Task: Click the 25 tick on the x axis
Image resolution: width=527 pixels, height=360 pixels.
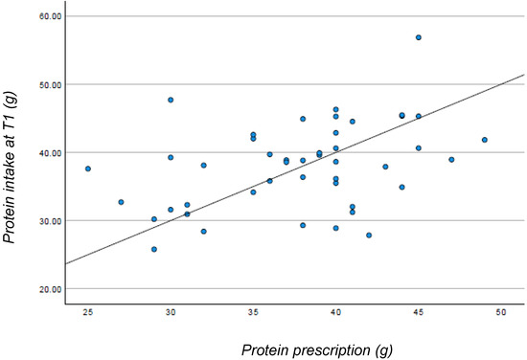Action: click(88, 313)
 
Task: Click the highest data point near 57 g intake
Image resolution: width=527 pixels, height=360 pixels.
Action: click(419, 37)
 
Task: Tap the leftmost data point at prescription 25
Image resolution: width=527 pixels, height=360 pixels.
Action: click(88, 169)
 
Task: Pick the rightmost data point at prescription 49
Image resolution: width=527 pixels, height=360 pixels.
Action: click(485, 140)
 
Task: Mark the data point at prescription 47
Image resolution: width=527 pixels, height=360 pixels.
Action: click(451, 160)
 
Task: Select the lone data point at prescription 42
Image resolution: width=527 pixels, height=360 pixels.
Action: click(369, 235)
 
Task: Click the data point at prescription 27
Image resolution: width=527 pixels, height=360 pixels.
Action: click(121, 202)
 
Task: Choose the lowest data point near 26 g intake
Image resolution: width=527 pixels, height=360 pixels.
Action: click(153, 249)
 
